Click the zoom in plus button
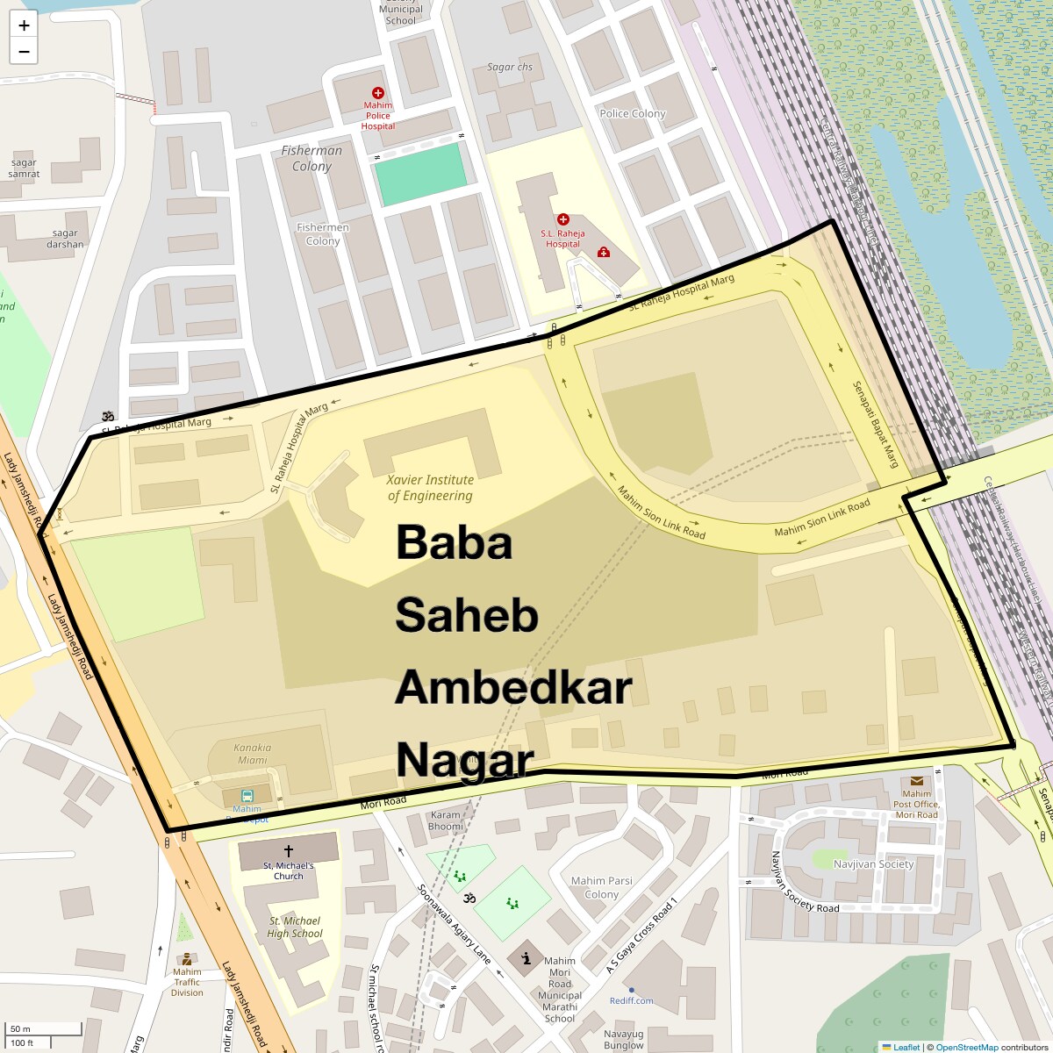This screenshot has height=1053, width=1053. click(24, 25)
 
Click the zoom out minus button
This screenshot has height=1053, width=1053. click(24, 52)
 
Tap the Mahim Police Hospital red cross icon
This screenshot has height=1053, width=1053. click(378, 93)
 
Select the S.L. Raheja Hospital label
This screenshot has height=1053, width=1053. click(562, 239)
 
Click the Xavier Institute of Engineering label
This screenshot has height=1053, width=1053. click(430, 488)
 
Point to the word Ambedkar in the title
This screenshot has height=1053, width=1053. click(513, 688)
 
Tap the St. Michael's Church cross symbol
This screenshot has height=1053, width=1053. click(288, 850)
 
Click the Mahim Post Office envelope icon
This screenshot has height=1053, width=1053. click(916, 781)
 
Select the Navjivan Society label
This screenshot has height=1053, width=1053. click(873, 864)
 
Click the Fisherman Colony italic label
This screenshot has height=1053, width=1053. click(312, 158)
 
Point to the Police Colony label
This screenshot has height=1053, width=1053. click(633, 113)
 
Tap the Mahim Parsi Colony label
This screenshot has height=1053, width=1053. click(601, 887)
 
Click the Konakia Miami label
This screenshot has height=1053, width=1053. click(252, 754)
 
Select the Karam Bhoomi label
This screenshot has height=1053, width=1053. click(446, 820)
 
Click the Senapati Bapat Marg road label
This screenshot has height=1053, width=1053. click(876, 425)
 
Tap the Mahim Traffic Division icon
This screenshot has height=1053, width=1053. click(185, 959)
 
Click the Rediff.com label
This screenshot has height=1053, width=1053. click(632, 1000)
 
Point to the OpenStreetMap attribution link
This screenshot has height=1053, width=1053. click(966, 1047)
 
